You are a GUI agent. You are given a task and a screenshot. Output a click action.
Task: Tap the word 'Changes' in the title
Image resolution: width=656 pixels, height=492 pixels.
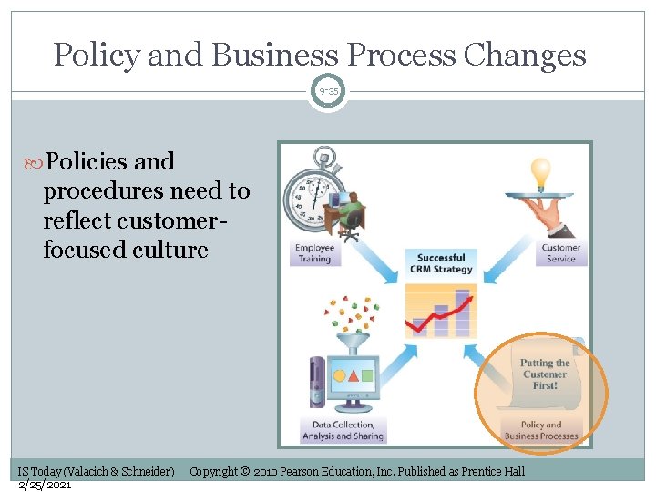[x=524, y=56]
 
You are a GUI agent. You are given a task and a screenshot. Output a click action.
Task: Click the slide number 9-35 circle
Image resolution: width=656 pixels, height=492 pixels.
[x=328, y=92]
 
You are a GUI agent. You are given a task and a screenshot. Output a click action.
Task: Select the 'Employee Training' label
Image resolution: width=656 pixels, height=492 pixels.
[x=313, y=253]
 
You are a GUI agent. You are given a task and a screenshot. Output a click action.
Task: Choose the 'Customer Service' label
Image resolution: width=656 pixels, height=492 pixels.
[x=560, y=253]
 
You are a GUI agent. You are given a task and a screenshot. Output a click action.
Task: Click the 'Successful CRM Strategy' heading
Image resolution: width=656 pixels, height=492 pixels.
[x=442, y=263]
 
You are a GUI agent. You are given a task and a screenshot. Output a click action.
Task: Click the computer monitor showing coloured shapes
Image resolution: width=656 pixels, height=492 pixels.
[x=354, y=378]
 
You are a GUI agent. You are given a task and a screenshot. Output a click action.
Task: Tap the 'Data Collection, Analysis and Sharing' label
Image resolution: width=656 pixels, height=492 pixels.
[x=343, y=430]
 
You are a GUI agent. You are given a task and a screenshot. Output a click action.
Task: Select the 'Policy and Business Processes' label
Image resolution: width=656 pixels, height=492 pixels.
[x=541, y=430]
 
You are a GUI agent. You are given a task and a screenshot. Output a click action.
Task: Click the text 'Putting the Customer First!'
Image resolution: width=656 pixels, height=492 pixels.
[x=544, y=374]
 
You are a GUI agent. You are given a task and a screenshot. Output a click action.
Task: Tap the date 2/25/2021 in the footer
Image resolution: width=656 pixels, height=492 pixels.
[x=46, y=485]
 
